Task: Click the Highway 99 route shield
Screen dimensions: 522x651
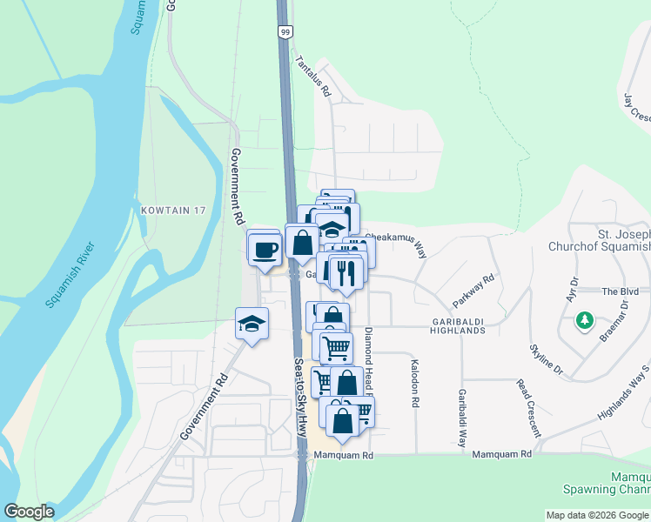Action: coord(285,31)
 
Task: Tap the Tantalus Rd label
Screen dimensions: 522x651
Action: coord(313,76)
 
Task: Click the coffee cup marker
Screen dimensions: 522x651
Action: coord(265,250)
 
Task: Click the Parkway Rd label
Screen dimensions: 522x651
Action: coord(474,291)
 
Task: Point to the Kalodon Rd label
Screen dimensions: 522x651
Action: coord(415,382)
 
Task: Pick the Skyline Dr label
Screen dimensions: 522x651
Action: coord(547,360)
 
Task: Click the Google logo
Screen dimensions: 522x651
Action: coord(29,512)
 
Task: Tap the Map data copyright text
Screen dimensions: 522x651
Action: coord(597,515)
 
